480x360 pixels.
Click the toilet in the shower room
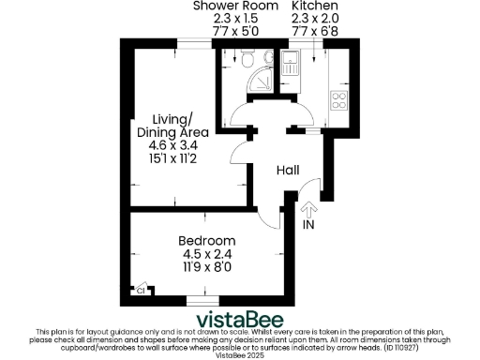click(246, 61)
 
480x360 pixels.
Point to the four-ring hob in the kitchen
click(338, 101)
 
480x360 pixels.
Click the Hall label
click(287, 171)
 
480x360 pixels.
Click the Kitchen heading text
click(314, 6)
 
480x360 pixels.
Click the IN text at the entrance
click(309, 226)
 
